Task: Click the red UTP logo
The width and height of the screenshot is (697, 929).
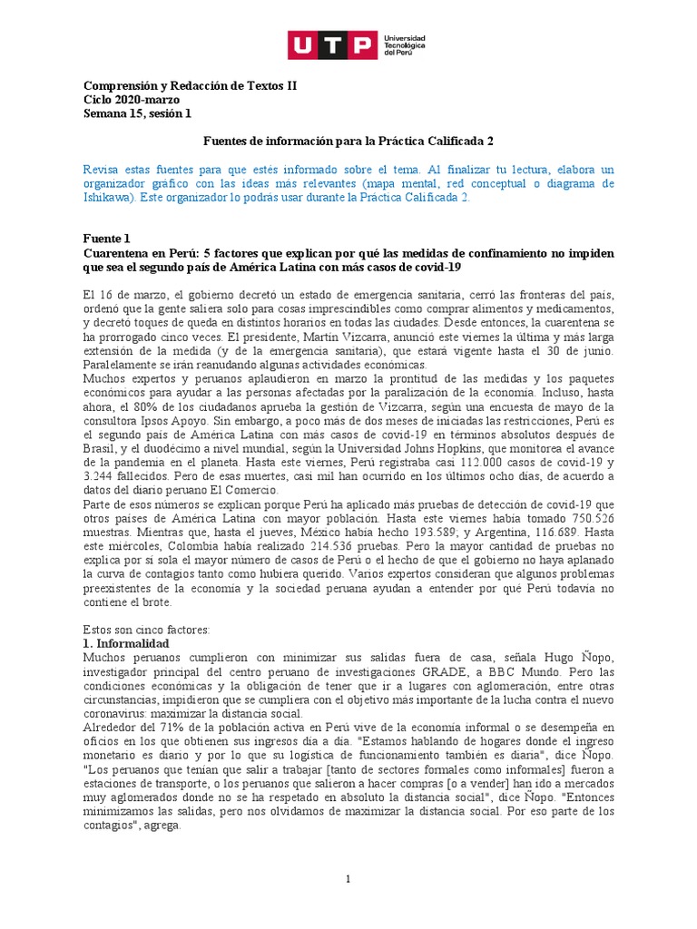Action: (x=332, y=44)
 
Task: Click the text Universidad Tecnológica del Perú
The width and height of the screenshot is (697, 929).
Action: (x=405, y=44)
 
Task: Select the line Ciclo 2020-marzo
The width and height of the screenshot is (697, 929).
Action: (x=131, y=99)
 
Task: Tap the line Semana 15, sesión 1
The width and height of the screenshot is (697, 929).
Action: (x=137, y=113)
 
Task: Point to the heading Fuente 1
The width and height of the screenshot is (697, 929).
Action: (x=107, y=237)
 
